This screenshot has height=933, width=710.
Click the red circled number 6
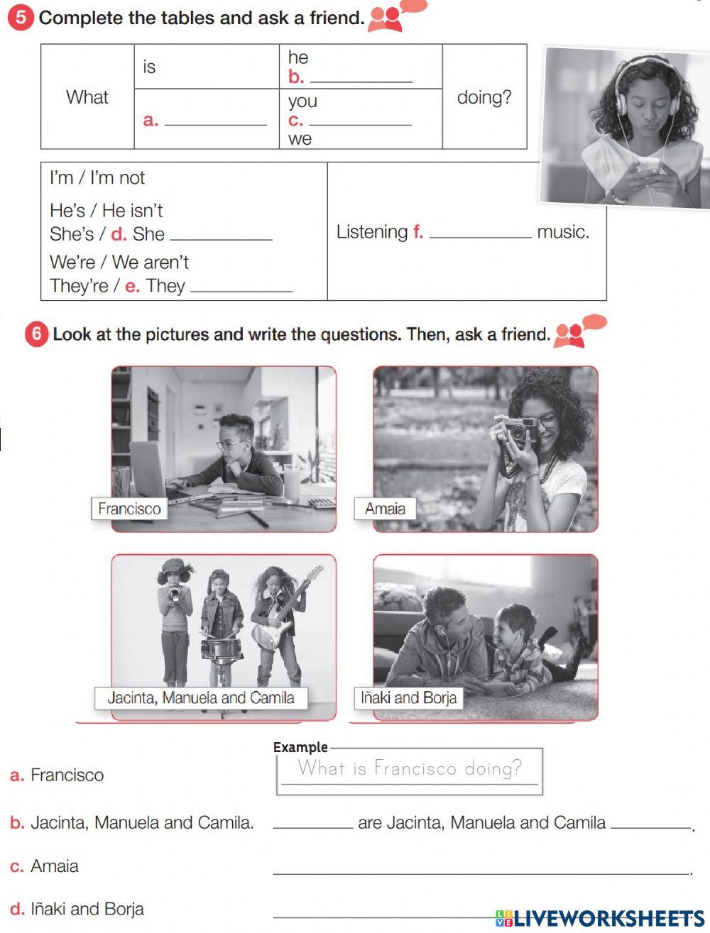coord(36,333)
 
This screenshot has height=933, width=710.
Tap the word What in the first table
coord(87,97)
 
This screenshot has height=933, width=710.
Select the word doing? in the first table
coord(484,97)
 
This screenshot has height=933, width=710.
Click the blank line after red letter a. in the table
coord(215,121)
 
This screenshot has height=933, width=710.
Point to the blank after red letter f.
coord(480,233)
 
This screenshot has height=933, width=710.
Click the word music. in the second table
coord(563,232)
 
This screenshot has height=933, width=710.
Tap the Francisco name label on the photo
coord(129,509)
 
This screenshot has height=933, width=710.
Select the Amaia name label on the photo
coord(385,509)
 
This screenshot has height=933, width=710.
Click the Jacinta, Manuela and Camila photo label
coord(201,698)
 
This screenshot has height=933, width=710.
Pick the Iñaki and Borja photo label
coord(408,698)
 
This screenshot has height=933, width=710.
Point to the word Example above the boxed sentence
coord(300,747)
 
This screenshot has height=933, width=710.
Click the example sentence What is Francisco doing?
coord(410,768)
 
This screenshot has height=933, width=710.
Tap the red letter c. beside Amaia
coord(17,866)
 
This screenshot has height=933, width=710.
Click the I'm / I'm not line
coord(97,177)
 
